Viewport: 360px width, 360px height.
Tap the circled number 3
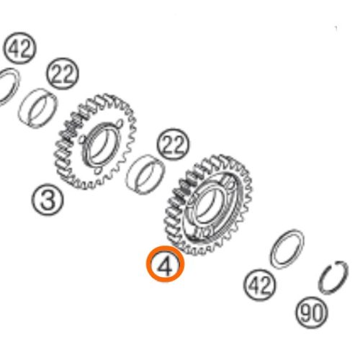click(x=47, y=199)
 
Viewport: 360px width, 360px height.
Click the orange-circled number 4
click(x=166, y=266)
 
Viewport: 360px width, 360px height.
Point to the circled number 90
click(x=312, y=312)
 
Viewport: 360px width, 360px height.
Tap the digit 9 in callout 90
click(x=306, y=312)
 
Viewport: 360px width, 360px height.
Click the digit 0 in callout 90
click(x=318, y=312)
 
